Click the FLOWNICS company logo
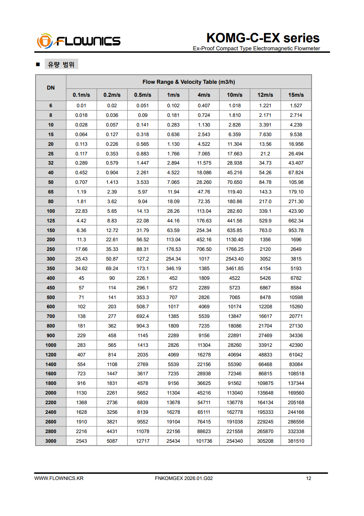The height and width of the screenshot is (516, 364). point(79,41)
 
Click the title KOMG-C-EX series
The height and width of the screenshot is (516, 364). point(263,38)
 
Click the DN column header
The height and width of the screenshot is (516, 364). point(51,88)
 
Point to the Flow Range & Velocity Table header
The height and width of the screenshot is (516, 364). point(189,82)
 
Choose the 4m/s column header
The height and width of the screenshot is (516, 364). point(204,95)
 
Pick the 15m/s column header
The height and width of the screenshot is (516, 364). point(296,95)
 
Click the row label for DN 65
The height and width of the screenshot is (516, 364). point(51,192)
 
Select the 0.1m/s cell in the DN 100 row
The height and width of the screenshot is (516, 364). point(81,211)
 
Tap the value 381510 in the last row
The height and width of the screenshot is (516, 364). point(296,441)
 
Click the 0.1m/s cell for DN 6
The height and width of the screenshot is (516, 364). point(81,106)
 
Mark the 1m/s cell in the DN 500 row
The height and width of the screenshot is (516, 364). point(173,297)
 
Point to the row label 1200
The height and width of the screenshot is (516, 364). point(51,355)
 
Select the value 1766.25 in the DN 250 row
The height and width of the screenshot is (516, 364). point(235,249)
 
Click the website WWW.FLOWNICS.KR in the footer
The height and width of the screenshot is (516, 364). point(59,478)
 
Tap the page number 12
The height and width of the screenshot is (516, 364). point(309,478)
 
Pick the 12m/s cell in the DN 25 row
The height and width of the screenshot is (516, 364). point(265,154)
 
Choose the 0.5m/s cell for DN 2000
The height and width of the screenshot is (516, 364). point(143,393)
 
